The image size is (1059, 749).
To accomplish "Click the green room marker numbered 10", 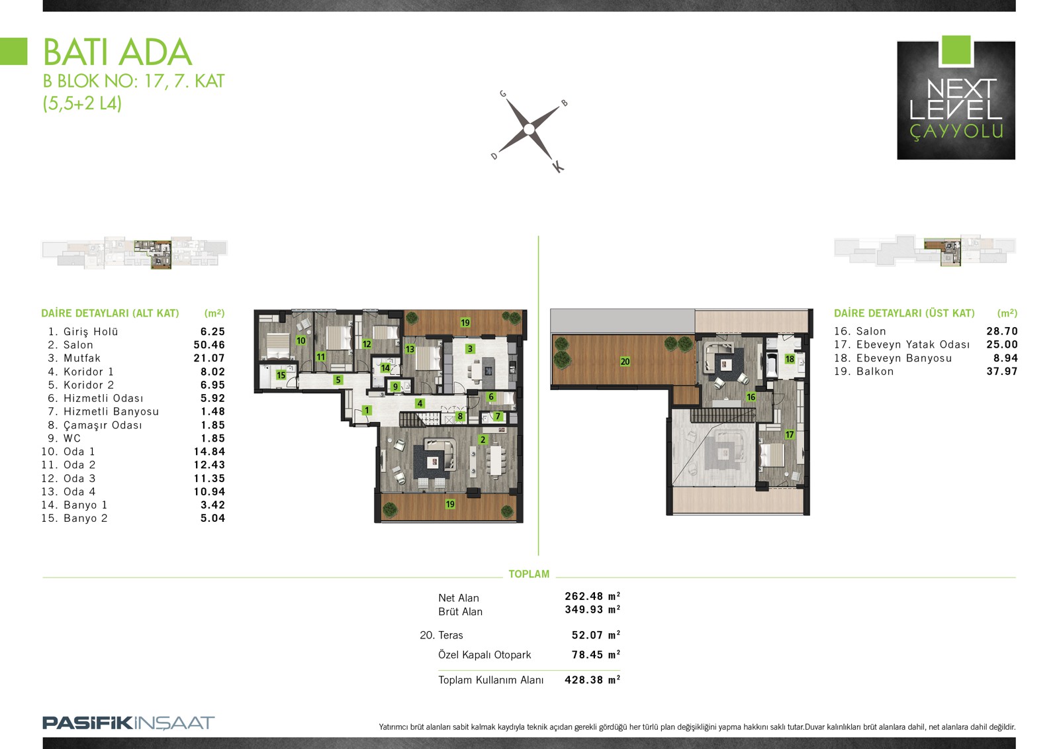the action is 300,340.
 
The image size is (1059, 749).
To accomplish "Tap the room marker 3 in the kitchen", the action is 469,349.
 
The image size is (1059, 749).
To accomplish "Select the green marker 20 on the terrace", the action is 625,362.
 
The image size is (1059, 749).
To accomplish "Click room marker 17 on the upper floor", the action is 789,434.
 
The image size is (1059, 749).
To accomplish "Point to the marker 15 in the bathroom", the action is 281,375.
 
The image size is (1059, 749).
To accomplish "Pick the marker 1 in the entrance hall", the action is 367,410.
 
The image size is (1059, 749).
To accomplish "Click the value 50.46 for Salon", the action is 209,345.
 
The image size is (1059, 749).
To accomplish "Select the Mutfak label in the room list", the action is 82,358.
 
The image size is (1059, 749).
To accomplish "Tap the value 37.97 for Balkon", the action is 1002,372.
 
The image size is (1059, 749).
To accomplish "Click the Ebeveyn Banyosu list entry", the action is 903,358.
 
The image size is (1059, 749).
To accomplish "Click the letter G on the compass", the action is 503,93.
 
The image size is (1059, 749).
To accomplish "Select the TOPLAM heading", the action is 529,574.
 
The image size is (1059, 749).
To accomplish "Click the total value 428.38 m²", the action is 592,679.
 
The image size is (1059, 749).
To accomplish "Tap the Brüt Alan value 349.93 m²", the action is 592,609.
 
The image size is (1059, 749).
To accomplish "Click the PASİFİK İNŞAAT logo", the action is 128,723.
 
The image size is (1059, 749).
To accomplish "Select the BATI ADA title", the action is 117,52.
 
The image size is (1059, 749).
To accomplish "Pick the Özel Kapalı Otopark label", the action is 484,655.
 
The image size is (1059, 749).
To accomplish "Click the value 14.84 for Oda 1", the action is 209,452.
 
